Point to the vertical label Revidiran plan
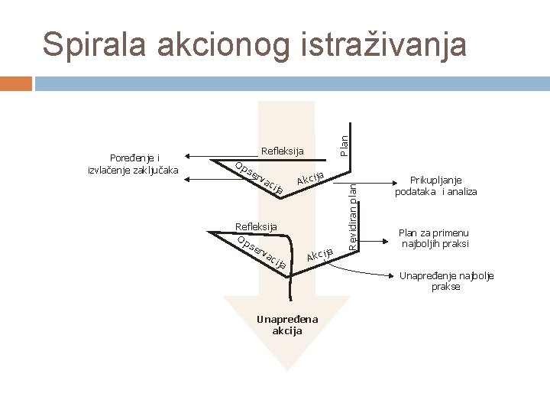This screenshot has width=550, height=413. tap(352, 213)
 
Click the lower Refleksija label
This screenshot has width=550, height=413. tap(257, 226)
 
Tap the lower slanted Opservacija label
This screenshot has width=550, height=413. tap(262, 254)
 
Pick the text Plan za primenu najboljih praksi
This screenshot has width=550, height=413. tap(435, 238)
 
